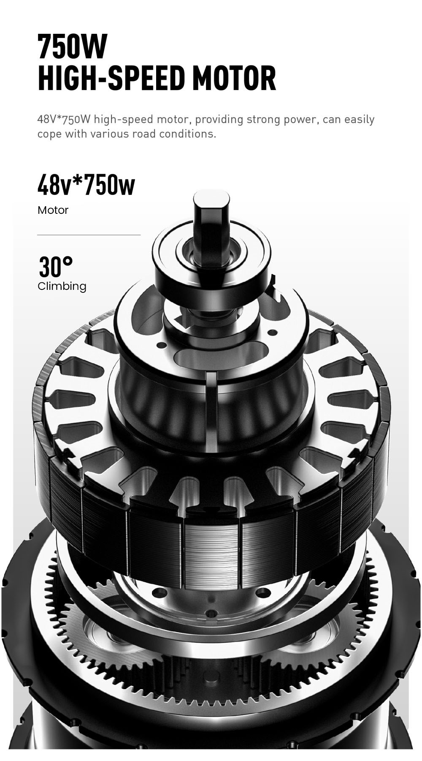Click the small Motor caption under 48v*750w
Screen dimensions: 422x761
tap(53, 210)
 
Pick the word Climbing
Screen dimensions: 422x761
tap(62, 286)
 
